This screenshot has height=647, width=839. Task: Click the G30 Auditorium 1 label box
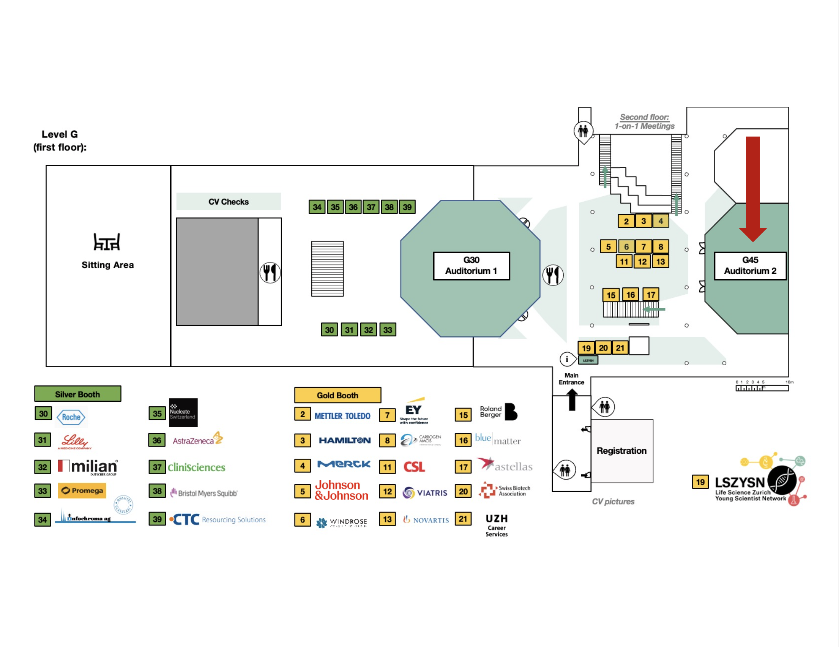(x=472, y=265)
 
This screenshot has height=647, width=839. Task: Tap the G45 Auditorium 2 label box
(x=750, y=265)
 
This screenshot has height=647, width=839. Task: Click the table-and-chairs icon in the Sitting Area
(x=107, y=241)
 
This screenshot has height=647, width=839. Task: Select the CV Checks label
(x=229, y=202)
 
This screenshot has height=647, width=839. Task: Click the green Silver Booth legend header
(x=77, y=394)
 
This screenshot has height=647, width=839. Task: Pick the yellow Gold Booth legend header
(x=337, y=395)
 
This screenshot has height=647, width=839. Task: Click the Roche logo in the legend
(x=71, y=417)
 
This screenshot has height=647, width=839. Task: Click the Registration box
(x=621, y=451)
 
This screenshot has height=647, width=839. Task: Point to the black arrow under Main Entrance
(x=572, y=399)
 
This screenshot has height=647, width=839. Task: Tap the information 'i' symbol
(x=567, y=359)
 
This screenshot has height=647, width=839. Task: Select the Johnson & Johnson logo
(x=341, y=490)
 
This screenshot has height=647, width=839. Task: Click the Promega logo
(x=82, y=491)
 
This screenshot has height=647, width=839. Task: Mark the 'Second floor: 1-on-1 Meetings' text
(x=644, y=122)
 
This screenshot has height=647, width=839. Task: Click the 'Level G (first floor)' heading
(x=60, y=140)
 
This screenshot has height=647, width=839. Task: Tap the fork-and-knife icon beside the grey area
(x=270, y=272)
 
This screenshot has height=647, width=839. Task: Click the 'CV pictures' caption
(x=613, y=501)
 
